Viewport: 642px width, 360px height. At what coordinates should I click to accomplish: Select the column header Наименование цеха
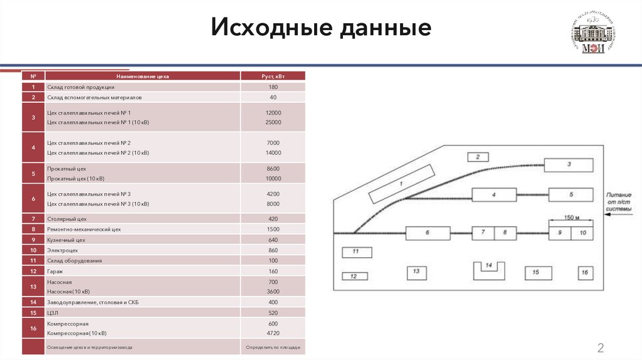pos(142,76)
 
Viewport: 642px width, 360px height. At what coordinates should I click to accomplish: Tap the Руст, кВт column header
pos(273,76)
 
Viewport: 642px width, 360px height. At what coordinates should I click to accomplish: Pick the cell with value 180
pos(273,87)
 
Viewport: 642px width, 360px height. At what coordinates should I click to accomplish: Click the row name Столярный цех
pos(66,219)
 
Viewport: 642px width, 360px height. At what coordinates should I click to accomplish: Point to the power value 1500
pos(273,230)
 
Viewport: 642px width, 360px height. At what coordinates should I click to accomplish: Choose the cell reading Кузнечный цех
pos(66,240)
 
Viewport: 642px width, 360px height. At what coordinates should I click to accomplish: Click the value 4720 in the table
pos(273,333)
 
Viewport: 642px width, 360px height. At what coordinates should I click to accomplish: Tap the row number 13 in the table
pos(33,286)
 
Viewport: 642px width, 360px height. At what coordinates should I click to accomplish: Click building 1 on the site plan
pos(401,184)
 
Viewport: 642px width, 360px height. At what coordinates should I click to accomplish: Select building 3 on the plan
pos(569,165)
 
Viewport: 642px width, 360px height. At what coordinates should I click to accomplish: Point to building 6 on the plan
pos(428,233)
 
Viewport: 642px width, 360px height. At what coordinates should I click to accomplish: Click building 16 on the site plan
pos(585,273)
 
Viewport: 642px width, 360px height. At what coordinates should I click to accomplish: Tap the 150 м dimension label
pos(568,218)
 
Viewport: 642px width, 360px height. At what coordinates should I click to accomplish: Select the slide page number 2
pos(600,349)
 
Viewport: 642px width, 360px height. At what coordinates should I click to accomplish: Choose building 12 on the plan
pos(354,276)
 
